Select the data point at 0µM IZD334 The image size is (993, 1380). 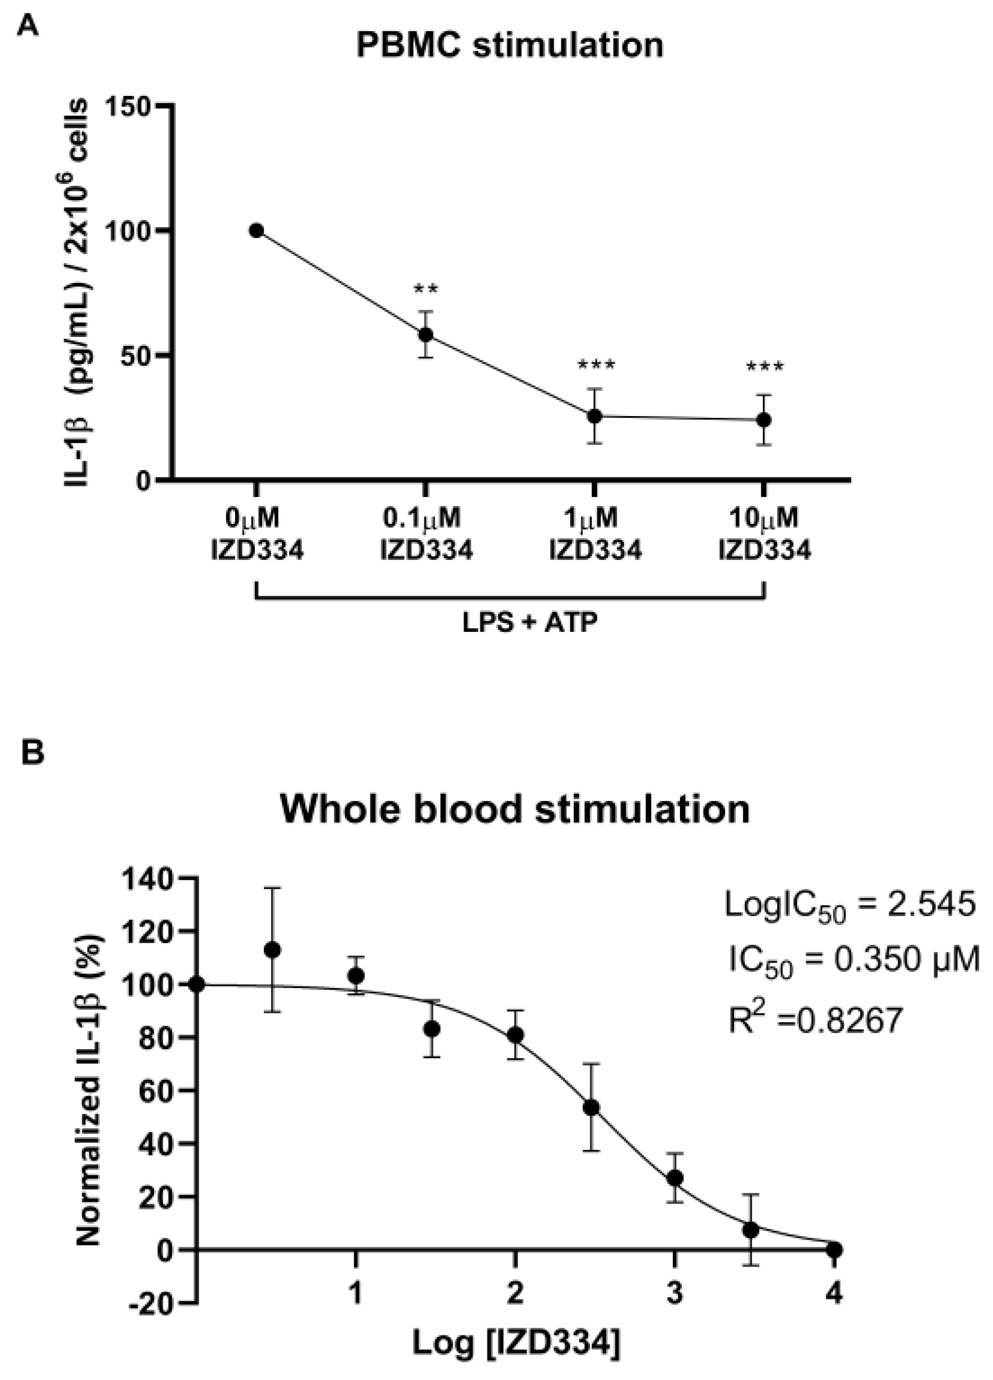[x=256, y=231]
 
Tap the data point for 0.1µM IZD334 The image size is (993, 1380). [x=425, y=334]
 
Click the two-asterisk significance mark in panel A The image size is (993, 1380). [x=425, y=288]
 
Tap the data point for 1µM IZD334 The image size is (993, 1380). [x=594, y=416]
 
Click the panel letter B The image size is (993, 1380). [x=32, y=754]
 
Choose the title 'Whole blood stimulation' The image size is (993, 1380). [x=514, y=810]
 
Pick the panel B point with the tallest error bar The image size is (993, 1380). [x=273, y=950]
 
